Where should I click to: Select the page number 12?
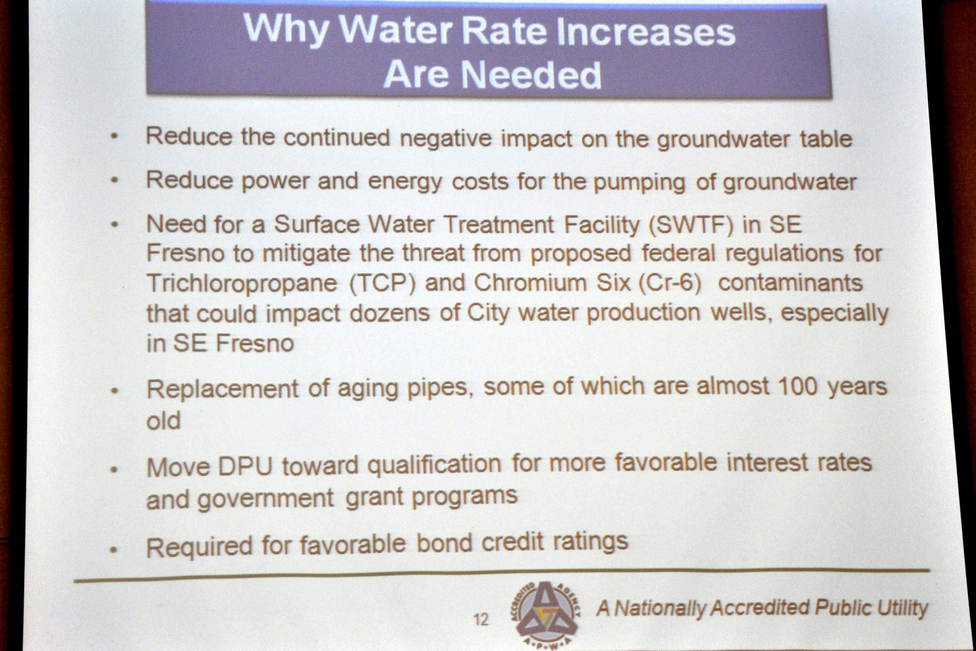click(x=481, y=620)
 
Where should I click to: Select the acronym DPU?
click(x=245, y=467)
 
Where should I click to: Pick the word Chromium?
click(x=530, y=283)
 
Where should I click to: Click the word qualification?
click(x=434, y=465)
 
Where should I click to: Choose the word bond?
click(x=444, y=544)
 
